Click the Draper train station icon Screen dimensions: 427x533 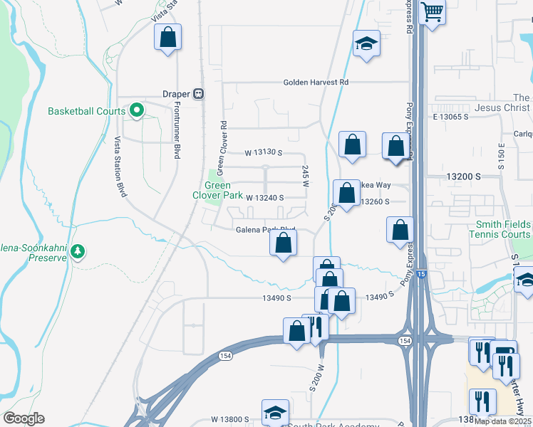[x=201, y=93]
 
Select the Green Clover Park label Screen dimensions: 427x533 [x=219, y=190]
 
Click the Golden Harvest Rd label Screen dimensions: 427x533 [x=316, y=83]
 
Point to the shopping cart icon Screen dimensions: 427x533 [x=432, y=11]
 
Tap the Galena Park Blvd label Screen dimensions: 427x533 [x=265, y=229]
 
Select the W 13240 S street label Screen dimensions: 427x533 [x=265, y=197]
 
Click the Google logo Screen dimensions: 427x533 [x=24, y=418]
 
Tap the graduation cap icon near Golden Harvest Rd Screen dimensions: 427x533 [x=366, y=44]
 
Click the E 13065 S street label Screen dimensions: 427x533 [x=450, y=116]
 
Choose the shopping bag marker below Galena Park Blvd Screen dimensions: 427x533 [x=284, y=243]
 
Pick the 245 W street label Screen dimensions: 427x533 [x=305, y=176]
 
